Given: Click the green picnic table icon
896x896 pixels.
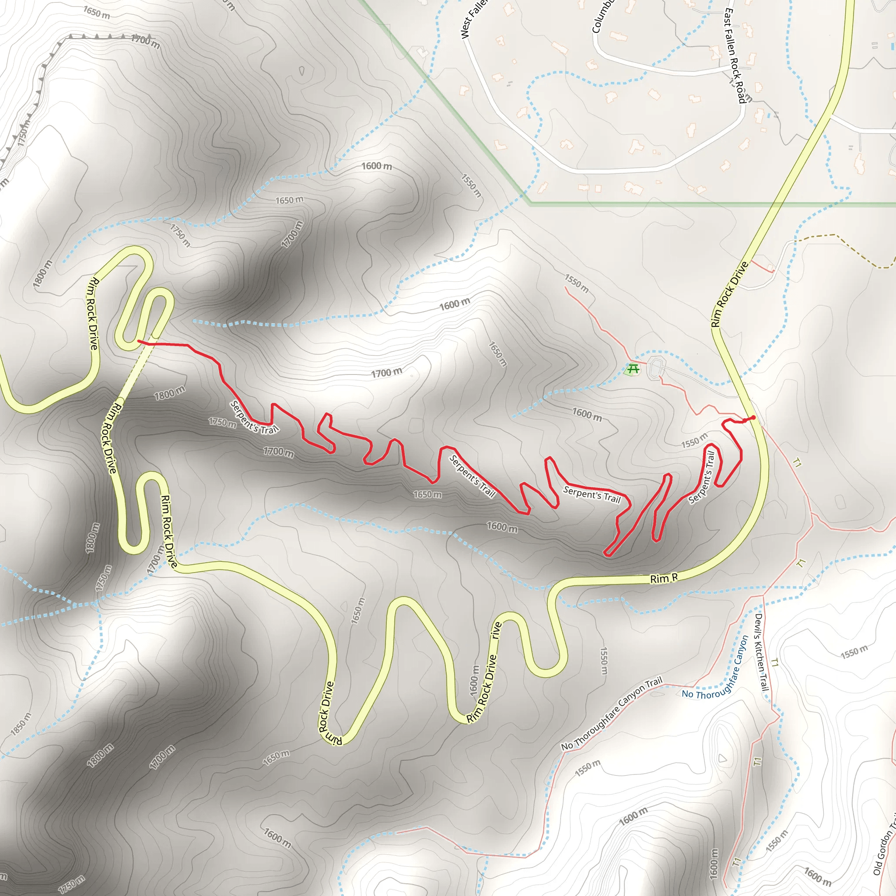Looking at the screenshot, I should click(x=633, y=369).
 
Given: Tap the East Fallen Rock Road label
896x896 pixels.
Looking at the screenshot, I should click(x=735, y=56).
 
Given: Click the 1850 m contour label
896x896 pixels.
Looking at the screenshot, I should click(x=21, y=724).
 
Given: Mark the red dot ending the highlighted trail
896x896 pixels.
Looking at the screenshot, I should click(x=753, y=418).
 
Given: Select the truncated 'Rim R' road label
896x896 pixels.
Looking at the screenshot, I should click(x=664, y=578).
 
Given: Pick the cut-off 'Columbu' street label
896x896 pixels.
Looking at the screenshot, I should click(x=602, y=16).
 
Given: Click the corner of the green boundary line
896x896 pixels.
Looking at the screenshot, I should click(x=531, y=203).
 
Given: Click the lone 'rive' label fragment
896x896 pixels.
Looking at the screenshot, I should click(x=496, y=631).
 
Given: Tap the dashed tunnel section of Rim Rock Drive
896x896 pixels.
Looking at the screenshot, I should click(x=134, y=371).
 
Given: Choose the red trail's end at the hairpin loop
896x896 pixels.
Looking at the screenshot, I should click(x=139, y=341).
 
